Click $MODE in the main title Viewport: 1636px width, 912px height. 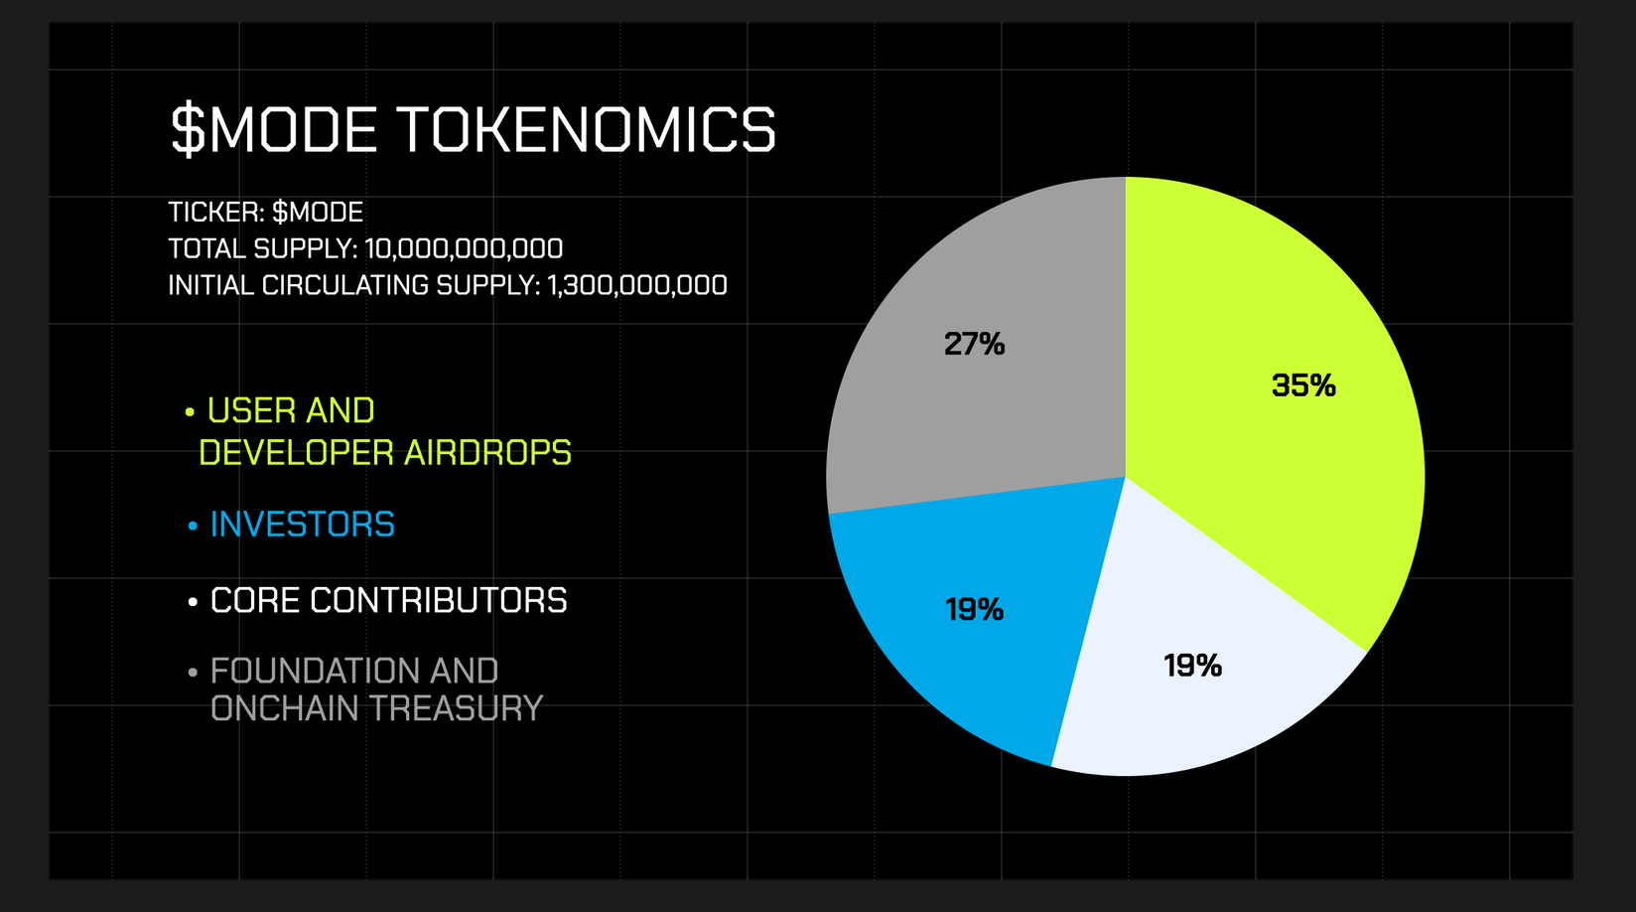coord(273,129)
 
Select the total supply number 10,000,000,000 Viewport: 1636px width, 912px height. coord(464,249)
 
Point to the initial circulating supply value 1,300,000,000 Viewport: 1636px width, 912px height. coord(637,286)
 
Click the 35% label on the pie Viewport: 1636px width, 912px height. coord(1303,385)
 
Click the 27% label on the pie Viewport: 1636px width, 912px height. coord(974,344)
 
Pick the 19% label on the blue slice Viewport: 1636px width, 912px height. coord(974,609)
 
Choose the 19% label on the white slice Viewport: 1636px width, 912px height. coord(1192,666)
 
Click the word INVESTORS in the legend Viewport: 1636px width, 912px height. coord(303,525)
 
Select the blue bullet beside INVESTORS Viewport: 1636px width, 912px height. coord(193,527)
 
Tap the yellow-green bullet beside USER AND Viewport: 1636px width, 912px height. coord(190,413)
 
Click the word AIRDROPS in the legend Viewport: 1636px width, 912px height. coord(487,453)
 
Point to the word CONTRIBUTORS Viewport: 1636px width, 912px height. coord(438,601)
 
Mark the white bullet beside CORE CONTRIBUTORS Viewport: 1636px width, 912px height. coord(193,603)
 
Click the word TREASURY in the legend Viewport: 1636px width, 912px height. coord(456,708)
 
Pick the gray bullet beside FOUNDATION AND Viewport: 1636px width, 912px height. coord(193,673)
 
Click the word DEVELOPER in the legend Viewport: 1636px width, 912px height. coord(297,453)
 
